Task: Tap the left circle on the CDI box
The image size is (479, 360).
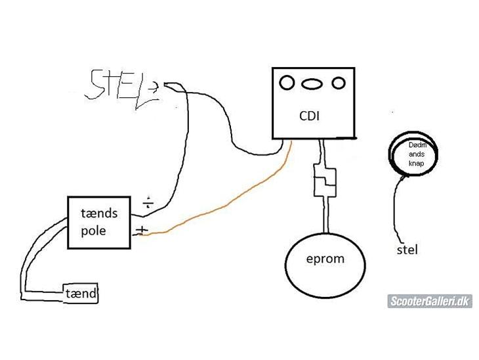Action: click(x=287, y=83)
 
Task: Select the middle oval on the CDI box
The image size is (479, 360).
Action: click(x=312, y=83)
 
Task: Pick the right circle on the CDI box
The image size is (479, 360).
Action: click(x=338, y=83)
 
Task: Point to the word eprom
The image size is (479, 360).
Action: click(x=325, y=258)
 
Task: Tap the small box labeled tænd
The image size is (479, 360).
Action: click(x=81, y=294)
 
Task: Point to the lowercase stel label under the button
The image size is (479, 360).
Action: click(x=407, y=250)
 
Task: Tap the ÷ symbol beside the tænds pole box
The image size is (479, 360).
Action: click(x=148, y=202)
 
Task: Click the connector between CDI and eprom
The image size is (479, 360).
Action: click(x=325, y=181)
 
